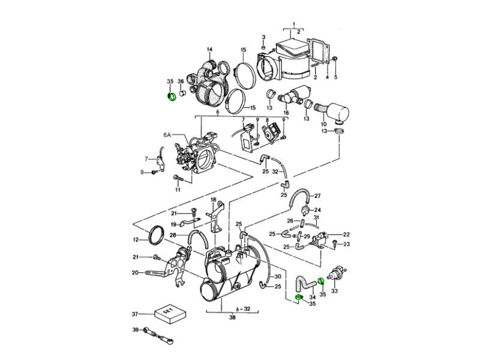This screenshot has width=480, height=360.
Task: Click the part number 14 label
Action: tap(210, 49)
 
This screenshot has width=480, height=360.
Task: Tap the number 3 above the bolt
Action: tap(263, 38)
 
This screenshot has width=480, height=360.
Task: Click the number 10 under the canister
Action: tap(324, 124)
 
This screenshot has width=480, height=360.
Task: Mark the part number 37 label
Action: tap(136, 313)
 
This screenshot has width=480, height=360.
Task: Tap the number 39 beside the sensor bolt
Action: tap(136, 330)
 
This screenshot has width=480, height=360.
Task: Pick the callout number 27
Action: tap(318, 196)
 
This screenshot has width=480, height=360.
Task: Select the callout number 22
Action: tap(346, 234)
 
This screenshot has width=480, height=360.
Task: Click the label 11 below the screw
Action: tap(178, 190)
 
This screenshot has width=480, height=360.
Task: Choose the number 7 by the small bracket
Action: tap(146, 159)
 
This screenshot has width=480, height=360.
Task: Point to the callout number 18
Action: tap(212, 199)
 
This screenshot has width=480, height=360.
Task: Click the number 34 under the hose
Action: tap(311, 296)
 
